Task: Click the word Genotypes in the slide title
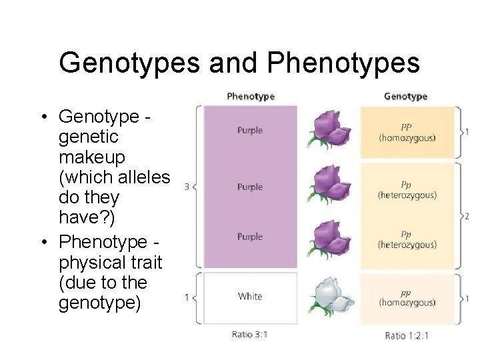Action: point(129,63)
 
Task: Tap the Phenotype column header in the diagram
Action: point(250,97)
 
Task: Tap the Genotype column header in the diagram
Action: point(405,97)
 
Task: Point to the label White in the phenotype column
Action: point(250,296)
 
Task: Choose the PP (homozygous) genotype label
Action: point(407,131)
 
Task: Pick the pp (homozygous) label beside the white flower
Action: point(407,297)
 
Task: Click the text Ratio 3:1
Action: point(249,334)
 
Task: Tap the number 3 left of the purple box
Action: point(187,187)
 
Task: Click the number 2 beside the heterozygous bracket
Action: point(467,216)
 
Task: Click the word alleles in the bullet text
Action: point(145,177)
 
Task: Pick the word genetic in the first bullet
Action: point(88,137)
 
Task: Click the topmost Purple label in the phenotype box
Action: point(250,131)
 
